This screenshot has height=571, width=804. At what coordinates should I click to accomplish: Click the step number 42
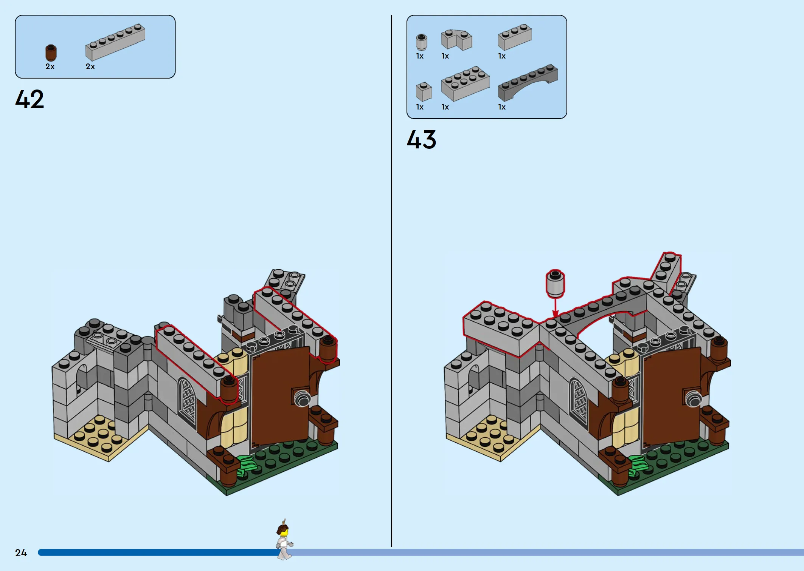click(29, 99)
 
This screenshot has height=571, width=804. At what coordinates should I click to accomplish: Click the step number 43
click(421, 139)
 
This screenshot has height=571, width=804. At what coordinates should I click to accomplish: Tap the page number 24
click(21, 553)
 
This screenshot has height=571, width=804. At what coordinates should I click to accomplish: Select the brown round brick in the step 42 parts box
click(51, 52)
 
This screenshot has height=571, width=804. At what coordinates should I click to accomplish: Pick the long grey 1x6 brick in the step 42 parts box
click(115, 42)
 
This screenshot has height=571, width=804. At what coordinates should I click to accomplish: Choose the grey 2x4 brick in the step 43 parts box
click(465, 83)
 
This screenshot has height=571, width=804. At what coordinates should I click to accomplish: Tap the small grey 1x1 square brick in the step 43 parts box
click(424, 92)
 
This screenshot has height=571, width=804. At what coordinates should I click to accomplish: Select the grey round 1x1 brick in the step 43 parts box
click(421, 42)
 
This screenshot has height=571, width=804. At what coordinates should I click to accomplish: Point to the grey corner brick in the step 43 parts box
click(456, 40)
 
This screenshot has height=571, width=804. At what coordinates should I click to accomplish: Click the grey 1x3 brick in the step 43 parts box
click(515, 37)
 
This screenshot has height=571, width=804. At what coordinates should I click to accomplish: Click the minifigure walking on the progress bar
click(284, 540)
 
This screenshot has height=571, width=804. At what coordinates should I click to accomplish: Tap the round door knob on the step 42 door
click(302, 398)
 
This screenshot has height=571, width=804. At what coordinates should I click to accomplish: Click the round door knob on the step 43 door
click(694, 399)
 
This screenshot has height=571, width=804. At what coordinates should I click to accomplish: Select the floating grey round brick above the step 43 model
click(555, 283)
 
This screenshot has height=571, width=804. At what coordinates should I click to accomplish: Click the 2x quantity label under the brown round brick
click(50, 67)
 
